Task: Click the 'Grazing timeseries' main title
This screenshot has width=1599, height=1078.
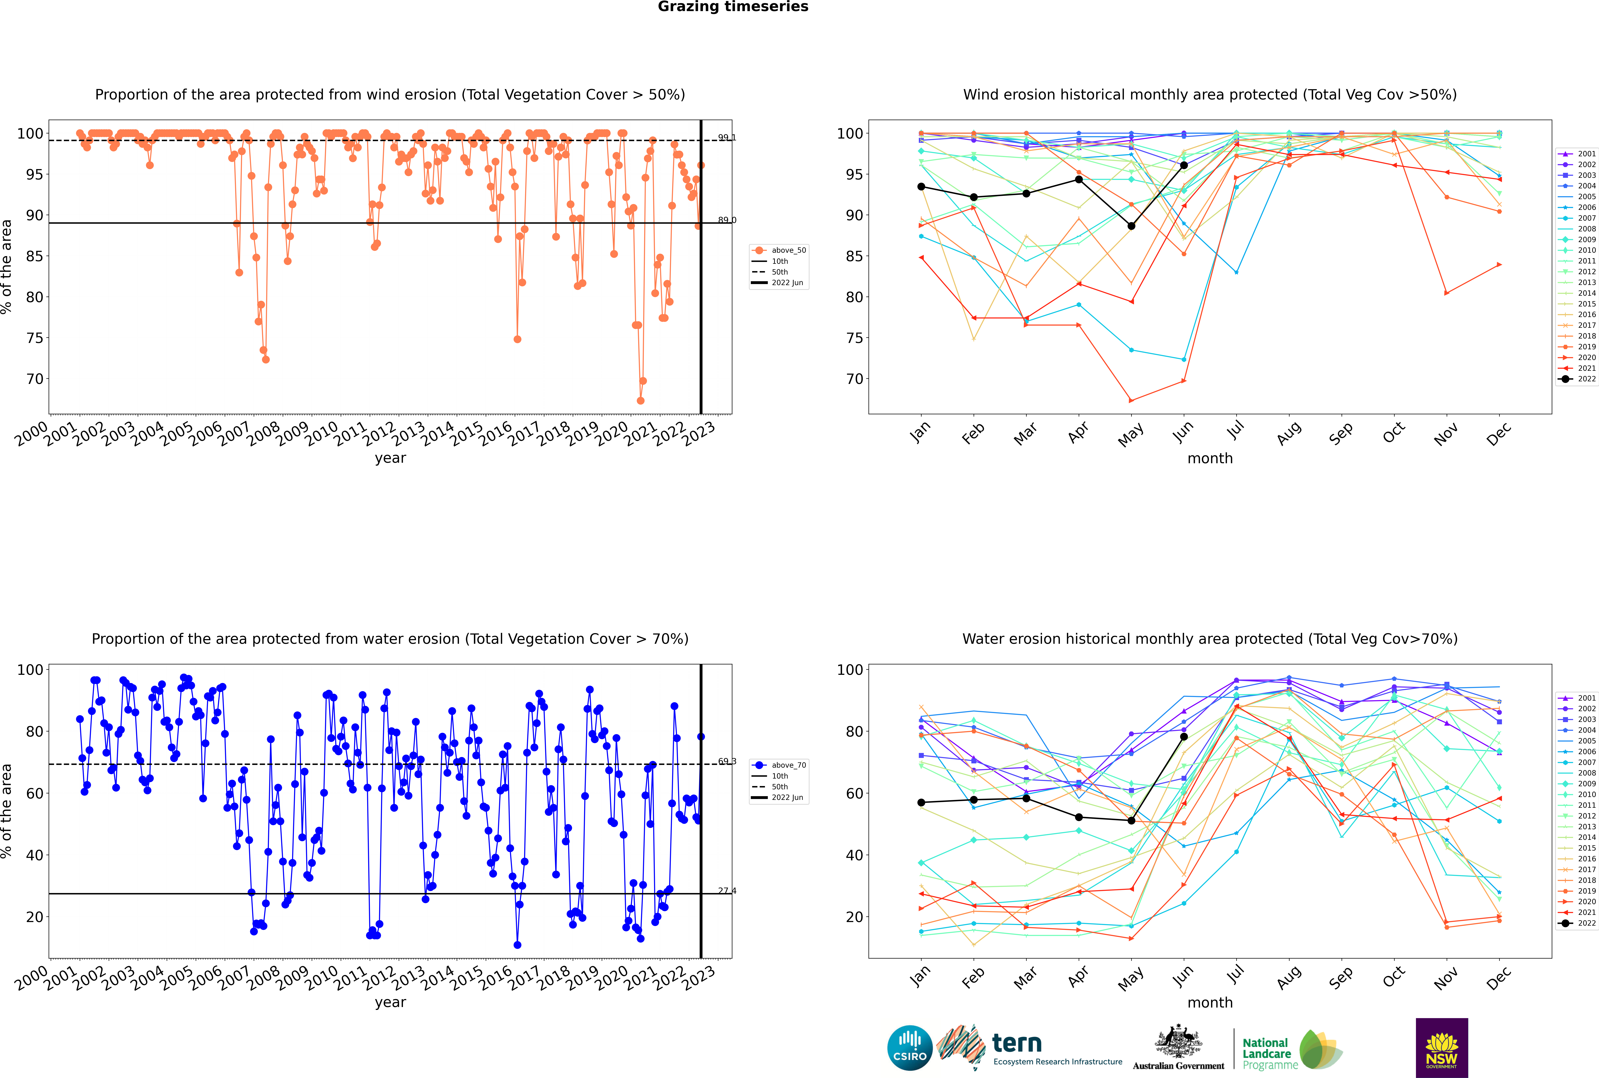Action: (733, 7)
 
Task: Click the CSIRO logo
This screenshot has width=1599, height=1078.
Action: (909, 1048)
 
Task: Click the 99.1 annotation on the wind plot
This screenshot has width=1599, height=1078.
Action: (727, 138)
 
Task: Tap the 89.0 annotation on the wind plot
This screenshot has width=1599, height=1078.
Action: (727, 220)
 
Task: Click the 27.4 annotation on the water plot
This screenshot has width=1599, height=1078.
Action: (727, 890)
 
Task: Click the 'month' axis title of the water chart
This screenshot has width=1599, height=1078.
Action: (1210, 1002)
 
